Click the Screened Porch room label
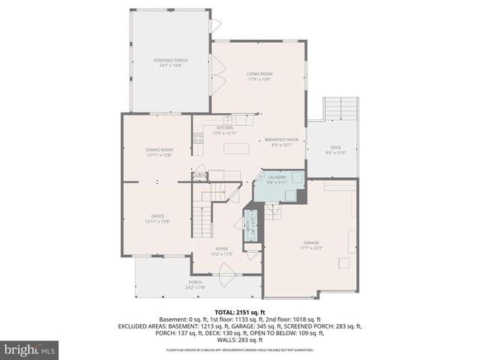coord(170,63)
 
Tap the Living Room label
coord(259,76)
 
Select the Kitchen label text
coord(225,130)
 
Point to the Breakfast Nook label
coord(281,142)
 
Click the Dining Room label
coord(159,152)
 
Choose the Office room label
coord(157,218)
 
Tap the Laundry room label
coord(277,180)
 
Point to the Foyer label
coord(221,250)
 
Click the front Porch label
coord(195,283)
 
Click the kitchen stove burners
coord(198,138)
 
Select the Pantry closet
coord(199,177)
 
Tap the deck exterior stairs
coord(341,111)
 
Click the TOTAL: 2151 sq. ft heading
coord(239,311)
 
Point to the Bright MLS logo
coord(30,349)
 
